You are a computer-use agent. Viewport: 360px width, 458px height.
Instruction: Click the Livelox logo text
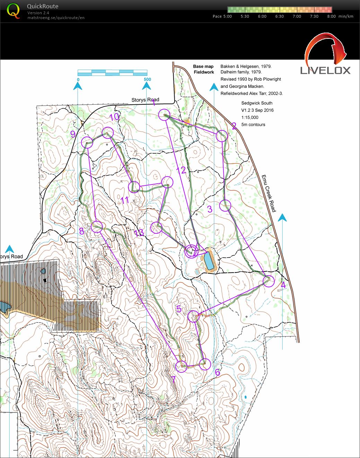click(325, 70)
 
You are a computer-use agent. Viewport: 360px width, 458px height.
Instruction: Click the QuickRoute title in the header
click(42, 6)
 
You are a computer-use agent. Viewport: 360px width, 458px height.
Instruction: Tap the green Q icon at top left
click(13, 10)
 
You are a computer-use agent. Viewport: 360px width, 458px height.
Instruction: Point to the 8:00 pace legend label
click(331, 16)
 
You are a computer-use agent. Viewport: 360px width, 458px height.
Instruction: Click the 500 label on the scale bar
click(147, 79)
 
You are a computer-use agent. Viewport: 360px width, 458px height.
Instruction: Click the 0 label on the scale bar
click(78, 79)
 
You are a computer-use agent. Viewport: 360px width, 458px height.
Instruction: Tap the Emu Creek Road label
click(269, 193)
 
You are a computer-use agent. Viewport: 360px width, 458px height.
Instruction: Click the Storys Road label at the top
click(145, 100)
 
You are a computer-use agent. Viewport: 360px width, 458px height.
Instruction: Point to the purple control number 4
click(283, 285)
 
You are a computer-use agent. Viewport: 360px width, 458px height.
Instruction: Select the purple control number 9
click(73, 134)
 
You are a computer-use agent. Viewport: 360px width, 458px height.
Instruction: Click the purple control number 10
click(114, 117)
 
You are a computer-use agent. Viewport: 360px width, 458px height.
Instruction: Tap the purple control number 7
click(174, 380)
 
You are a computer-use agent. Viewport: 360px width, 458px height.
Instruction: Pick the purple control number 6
click(217, 373)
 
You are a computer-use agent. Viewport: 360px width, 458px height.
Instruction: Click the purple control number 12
click(181, 170)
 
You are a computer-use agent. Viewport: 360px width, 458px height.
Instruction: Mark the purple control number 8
click(81, 231)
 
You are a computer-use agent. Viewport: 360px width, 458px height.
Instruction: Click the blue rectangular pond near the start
click(209, 261)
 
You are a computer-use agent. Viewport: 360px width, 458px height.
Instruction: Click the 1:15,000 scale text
click(250, 118)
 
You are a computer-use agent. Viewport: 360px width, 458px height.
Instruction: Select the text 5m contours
click(253, 125)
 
